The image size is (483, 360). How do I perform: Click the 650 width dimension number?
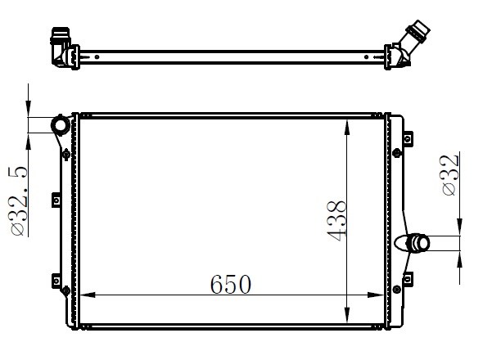click(231, 285)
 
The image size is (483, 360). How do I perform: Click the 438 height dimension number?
click(336, 220)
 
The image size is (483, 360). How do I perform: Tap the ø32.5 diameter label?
click(17, 201)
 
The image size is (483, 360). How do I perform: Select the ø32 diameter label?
click(450, 175)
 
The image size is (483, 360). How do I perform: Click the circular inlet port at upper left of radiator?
click(61, 125)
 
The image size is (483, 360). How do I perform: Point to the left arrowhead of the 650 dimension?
click(88, 295)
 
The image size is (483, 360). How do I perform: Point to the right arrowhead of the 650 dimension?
click(376, 295)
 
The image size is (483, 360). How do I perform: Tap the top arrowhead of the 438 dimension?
click(347, 128)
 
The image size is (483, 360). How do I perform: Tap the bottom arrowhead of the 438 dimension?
click(347, 315)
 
